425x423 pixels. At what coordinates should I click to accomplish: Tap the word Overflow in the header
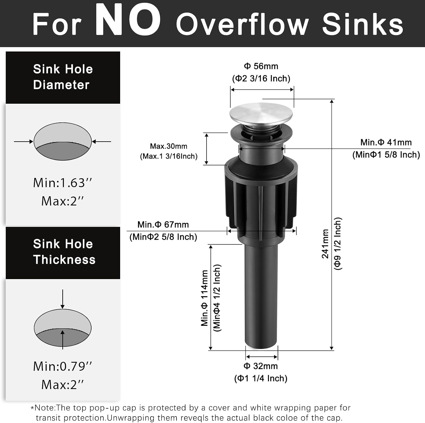[x=242, y=24]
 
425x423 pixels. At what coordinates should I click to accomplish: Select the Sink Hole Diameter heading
[x=63, y=77]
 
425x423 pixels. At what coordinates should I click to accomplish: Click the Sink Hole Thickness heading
[x=64, y=252]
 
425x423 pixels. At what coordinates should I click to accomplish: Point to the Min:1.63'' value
[x=63, y=183]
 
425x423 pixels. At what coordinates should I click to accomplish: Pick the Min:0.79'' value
[x=63, y=366]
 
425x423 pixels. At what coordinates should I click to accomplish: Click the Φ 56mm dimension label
[x=261, y=66]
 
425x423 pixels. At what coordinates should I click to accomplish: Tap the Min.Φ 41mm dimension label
[x=386, y=142]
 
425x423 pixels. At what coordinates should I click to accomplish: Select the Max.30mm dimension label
[x=169, y=146]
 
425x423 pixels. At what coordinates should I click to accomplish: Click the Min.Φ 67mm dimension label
[x=163, y=224]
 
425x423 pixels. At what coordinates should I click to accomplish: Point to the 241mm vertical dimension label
[x=325, y=244]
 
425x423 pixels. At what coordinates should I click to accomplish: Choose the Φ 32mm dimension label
[x=261, y=366]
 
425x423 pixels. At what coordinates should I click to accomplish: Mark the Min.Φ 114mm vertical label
[x=205, y=298]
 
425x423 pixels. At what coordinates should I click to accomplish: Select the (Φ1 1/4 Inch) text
[x=261, y=378]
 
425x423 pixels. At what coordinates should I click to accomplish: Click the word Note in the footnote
[x=44, y=408]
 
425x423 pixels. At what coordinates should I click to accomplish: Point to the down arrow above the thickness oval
[x=63, y=299]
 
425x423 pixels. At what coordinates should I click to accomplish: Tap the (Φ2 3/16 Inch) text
[x=261, y=78]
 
